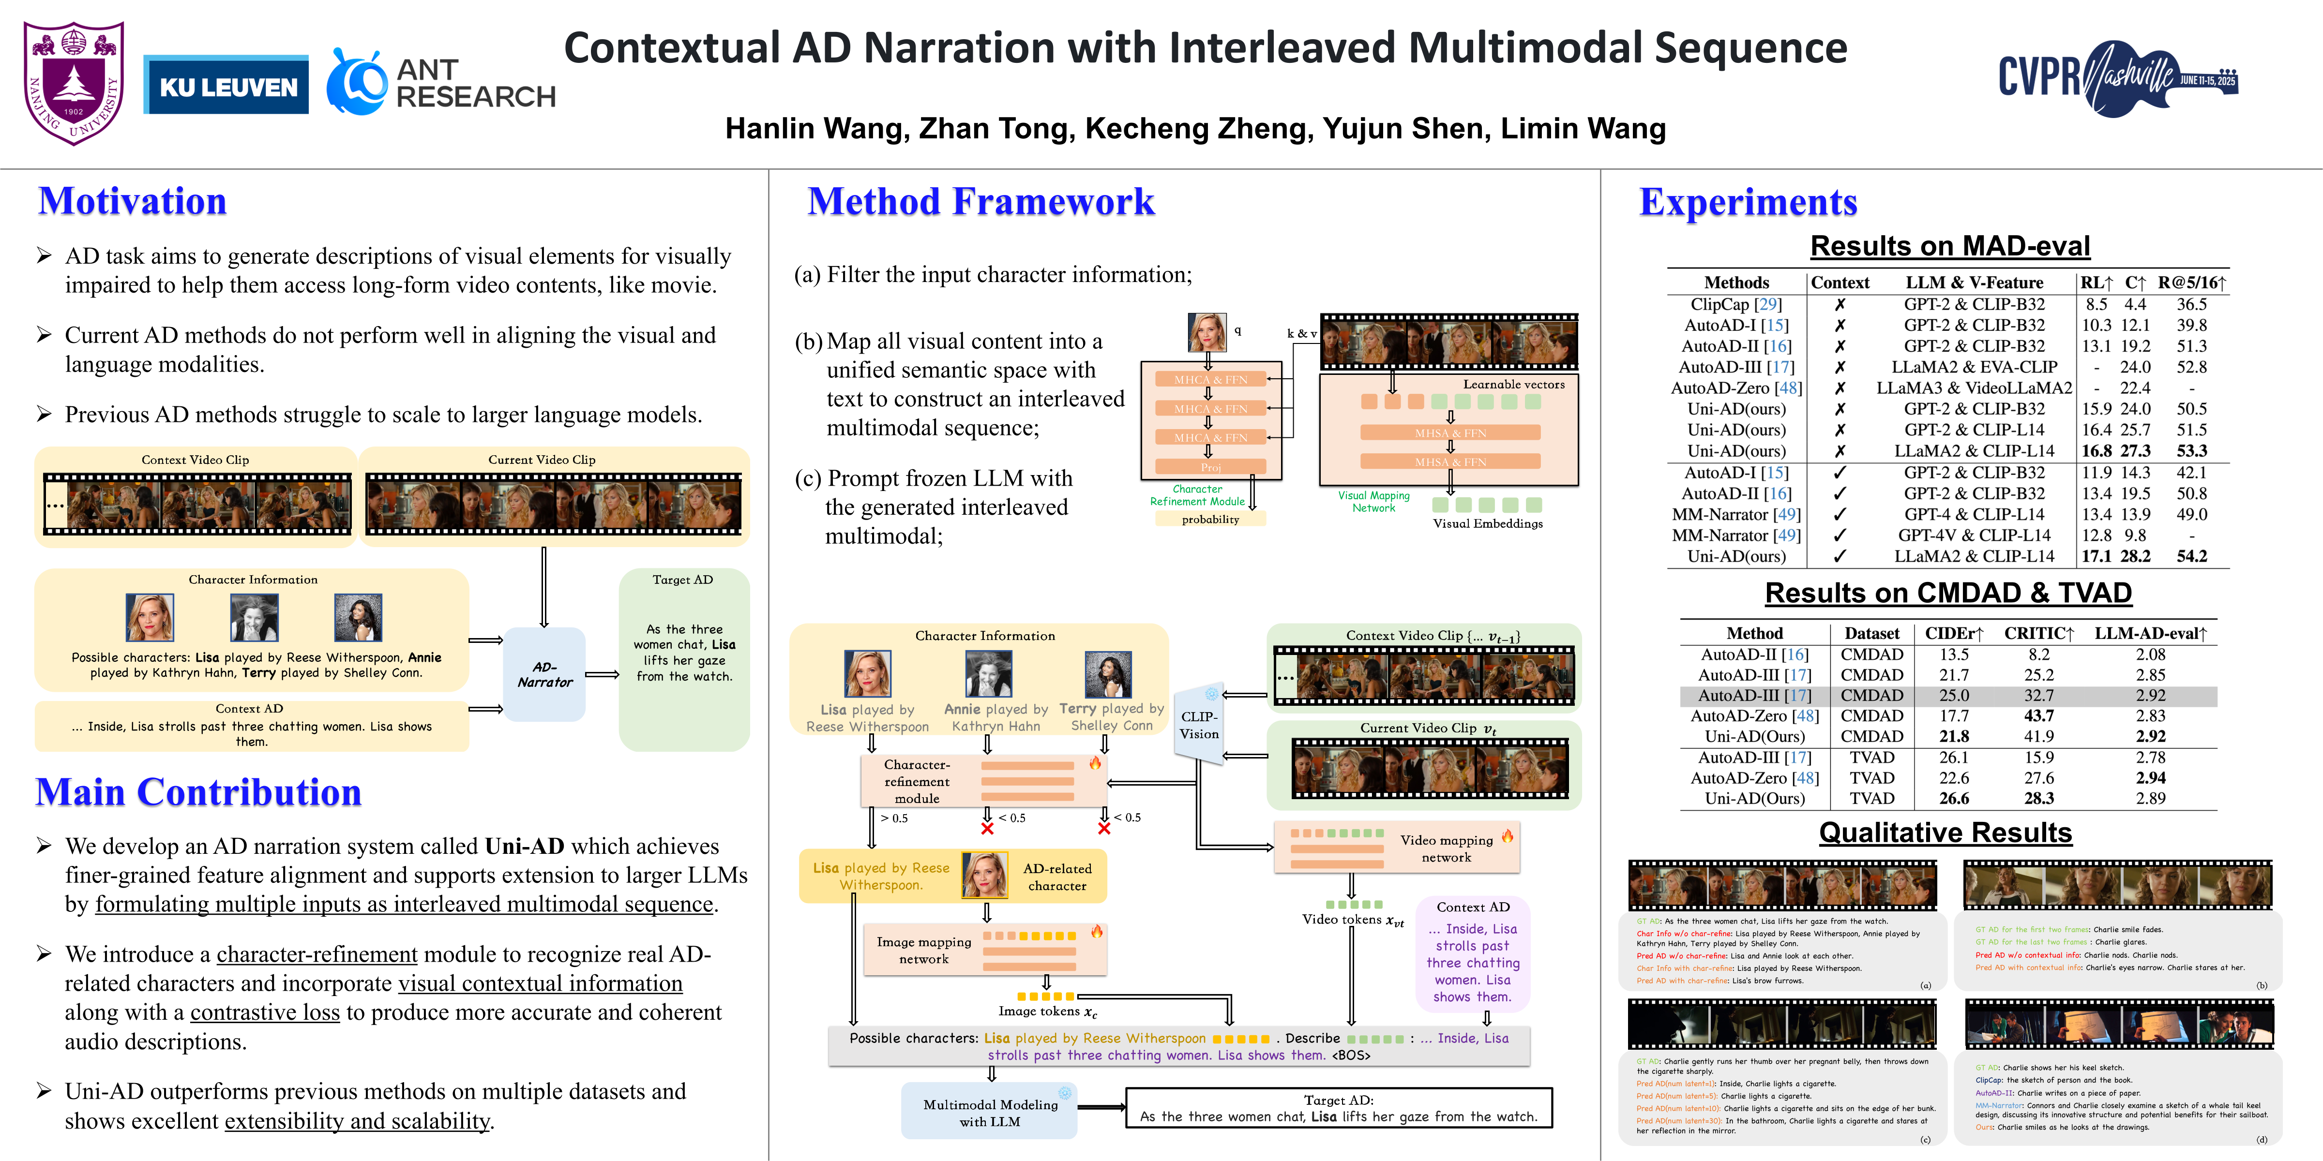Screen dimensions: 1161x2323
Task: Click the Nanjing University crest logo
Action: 74,83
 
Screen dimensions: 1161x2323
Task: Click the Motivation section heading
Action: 133,201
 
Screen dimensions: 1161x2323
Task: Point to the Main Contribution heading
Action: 198,792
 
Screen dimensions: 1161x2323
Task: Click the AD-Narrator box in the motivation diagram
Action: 544,674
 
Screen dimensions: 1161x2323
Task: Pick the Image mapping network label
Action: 923,950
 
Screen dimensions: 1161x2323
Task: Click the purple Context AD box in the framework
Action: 1473,953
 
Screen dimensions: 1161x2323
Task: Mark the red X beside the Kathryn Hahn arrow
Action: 987,828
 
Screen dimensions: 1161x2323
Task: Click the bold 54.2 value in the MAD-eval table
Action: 2191,556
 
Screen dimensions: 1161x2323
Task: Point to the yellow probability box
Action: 1210,519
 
